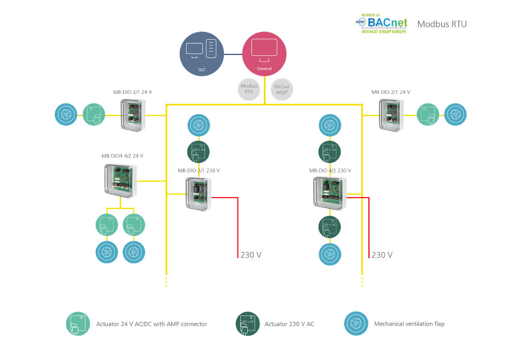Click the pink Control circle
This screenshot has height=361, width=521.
264,54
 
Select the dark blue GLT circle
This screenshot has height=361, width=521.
202,54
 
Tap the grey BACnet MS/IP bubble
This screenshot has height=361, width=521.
282,89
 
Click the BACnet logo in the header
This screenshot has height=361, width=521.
381,24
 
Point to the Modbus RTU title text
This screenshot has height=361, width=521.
442,24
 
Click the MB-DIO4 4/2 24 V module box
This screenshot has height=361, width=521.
121,180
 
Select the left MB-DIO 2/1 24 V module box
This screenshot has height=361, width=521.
133,115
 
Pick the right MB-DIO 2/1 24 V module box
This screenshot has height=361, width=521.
391,115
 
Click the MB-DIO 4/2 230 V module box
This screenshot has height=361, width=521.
330,192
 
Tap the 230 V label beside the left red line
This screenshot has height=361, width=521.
251,255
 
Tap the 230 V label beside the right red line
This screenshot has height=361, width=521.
382,255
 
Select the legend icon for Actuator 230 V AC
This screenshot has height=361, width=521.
248,324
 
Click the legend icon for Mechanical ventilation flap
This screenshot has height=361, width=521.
357,324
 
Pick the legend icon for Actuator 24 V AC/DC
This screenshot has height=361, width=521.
78,324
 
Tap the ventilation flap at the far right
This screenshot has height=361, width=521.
455,115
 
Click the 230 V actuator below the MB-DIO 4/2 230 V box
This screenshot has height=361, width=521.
330,226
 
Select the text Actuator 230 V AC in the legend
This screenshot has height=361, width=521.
289,324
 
